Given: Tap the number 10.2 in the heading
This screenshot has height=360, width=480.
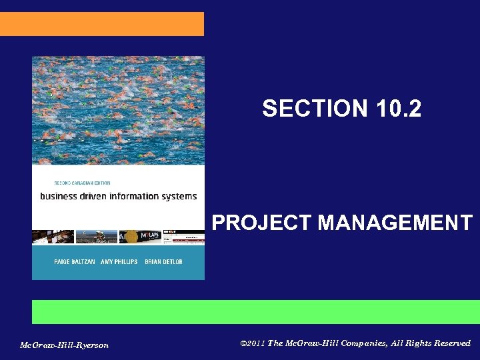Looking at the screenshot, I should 397,108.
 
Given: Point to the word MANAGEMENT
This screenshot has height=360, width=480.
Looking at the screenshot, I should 395,222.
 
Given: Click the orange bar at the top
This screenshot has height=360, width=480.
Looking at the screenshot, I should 101,23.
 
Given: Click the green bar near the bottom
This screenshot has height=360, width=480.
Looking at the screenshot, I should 255,311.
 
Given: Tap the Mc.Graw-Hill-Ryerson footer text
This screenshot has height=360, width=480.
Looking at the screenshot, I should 64,345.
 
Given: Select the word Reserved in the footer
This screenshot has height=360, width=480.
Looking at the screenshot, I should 452,343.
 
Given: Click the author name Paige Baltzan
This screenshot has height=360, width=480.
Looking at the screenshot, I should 74,262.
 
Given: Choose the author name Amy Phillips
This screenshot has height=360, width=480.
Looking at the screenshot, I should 119,262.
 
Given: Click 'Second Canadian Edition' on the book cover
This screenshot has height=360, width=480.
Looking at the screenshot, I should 82,183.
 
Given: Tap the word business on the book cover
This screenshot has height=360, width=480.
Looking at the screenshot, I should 59,196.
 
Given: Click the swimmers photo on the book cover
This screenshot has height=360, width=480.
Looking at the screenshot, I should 118,110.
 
